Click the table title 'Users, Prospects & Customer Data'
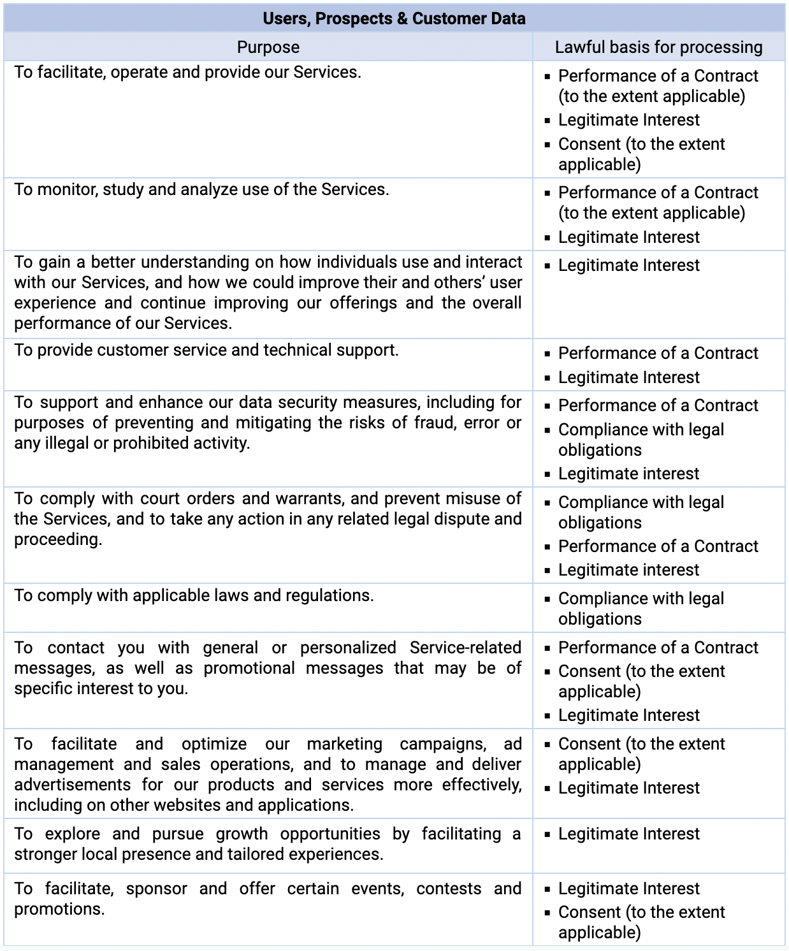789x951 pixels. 394,18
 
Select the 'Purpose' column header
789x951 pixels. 268,47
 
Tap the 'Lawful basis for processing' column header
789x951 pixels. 658,47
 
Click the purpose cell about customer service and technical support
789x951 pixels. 206,350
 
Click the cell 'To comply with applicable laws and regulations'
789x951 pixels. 194,595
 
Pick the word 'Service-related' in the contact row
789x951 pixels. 465,648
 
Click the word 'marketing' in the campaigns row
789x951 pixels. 344,744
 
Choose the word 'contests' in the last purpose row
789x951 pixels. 449,889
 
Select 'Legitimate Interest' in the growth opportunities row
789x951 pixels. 628,834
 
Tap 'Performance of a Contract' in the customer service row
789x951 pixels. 658,353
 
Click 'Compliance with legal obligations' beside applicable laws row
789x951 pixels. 641,608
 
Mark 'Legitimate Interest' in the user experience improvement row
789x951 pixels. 628,265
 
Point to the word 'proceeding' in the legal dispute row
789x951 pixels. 57,539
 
